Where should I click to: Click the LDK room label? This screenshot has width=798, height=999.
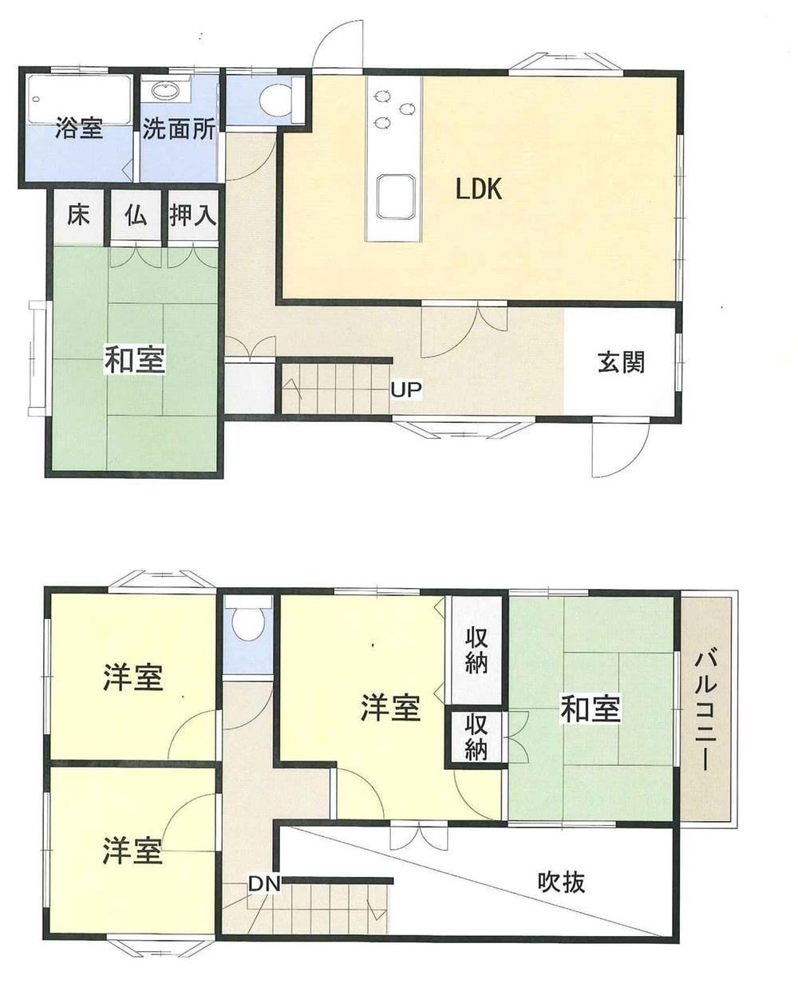(x=478, y=188)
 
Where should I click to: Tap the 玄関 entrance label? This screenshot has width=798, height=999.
(x=621, y=362)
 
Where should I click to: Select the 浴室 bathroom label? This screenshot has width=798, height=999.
(x=79, y=129)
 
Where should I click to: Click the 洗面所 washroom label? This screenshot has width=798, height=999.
(x=179, y=129)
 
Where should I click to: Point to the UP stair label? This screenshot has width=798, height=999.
(x=406, y=390)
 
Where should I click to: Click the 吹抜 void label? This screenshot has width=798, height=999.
(x=561, y=882)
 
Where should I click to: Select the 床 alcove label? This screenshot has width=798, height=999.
(x=78, y=215)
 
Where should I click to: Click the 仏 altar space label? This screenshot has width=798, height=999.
(x=136, y=215)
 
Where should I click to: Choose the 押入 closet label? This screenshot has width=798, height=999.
(x=193, y=215)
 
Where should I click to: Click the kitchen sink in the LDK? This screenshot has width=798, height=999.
(x=394, y=195)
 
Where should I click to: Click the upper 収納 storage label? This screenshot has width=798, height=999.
(x=476, y=651)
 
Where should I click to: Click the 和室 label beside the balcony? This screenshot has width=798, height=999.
(x=591, y=709)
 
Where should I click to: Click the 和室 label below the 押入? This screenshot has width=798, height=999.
(x=135, y=361)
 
